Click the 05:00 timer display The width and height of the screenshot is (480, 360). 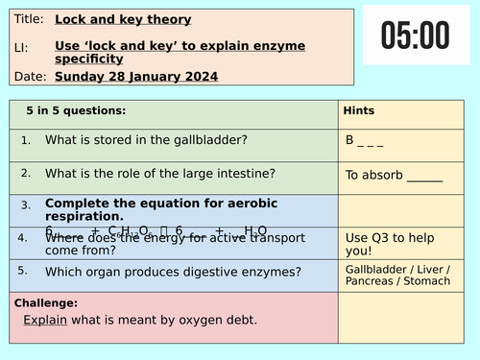click(415, 36)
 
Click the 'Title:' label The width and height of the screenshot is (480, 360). click(29, 19)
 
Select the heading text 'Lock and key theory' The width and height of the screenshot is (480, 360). click(123, 19)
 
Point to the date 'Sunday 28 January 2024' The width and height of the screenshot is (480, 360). click(136, 77)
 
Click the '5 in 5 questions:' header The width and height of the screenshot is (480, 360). click(77, 111)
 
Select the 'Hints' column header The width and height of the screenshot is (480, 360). click(359, 111)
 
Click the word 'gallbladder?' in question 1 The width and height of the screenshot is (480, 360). click(211, 140)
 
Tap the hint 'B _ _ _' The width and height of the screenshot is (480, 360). click(365, 140)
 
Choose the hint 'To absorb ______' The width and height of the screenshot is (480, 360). click(394, 176)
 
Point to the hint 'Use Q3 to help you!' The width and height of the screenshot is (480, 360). click(380, 245)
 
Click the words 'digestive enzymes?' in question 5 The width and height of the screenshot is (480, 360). click(245, 273)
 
